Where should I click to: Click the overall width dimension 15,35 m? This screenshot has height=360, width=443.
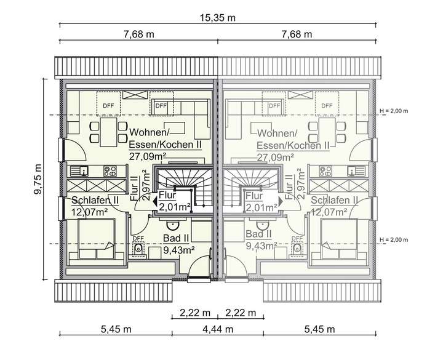pyautogui.click(x=218, y=17)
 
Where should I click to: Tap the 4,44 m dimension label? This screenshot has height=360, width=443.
pyautogui.click(x=217, y=329)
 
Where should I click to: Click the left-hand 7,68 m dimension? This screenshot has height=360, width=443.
pyautogui.click(x=138, y=34)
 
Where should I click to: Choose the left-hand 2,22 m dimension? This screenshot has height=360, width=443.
pyautogui.click(x=194, y=313)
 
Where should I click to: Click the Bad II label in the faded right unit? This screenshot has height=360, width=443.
pyautogui.click(x=258, y=235)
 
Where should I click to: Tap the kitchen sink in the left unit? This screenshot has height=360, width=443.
pyautogui.click(x=80, y=171)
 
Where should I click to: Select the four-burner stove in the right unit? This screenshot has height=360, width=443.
pyautogui.click(x=325, y=171)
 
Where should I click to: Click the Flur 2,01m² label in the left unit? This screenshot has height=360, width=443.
pyautogui.click(x=173, y=201)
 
